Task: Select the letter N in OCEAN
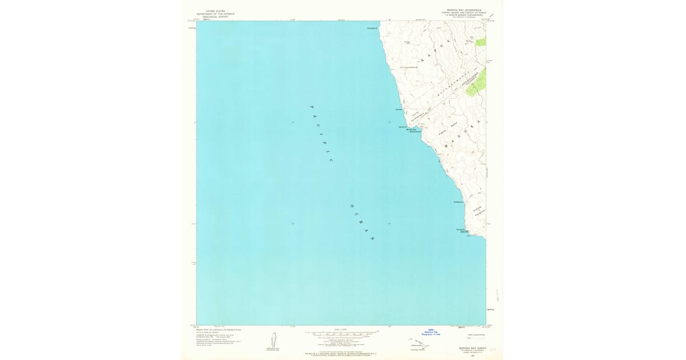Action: click(373, 238)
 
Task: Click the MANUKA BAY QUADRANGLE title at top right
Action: click(464, 10)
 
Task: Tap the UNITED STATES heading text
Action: click(216, 10)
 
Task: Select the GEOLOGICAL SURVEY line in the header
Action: click(216, 17)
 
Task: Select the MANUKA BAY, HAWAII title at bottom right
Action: click(464, 347)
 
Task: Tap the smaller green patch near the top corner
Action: click(481, 42)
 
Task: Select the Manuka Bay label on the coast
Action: click(410, 130)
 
